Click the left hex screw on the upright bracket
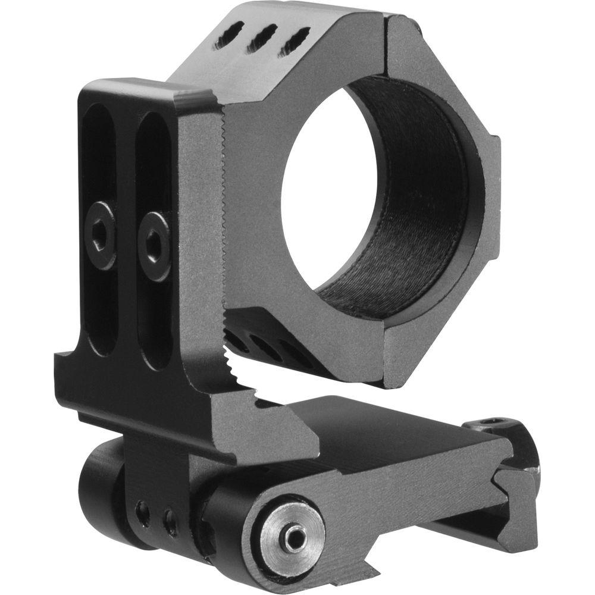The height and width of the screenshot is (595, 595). [100, 235]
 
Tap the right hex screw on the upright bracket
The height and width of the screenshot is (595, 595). [155, 246]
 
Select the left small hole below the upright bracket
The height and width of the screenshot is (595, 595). [142, 513]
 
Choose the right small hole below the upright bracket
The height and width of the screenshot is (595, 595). [171, 522]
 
